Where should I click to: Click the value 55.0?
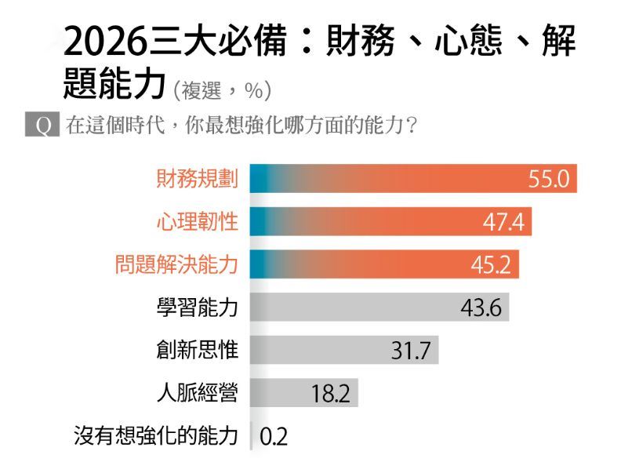(x=547, y=180)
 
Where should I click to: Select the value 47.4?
(x=503, y=223)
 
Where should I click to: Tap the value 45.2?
(x=490, y=265)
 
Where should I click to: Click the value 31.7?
(x=410, y=351)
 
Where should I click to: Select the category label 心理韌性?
(x=197, y=222)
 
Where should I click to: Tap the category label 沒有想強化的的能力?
(x=155, y=436)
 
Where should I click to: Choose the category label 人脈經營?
(x=197, y=393)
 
